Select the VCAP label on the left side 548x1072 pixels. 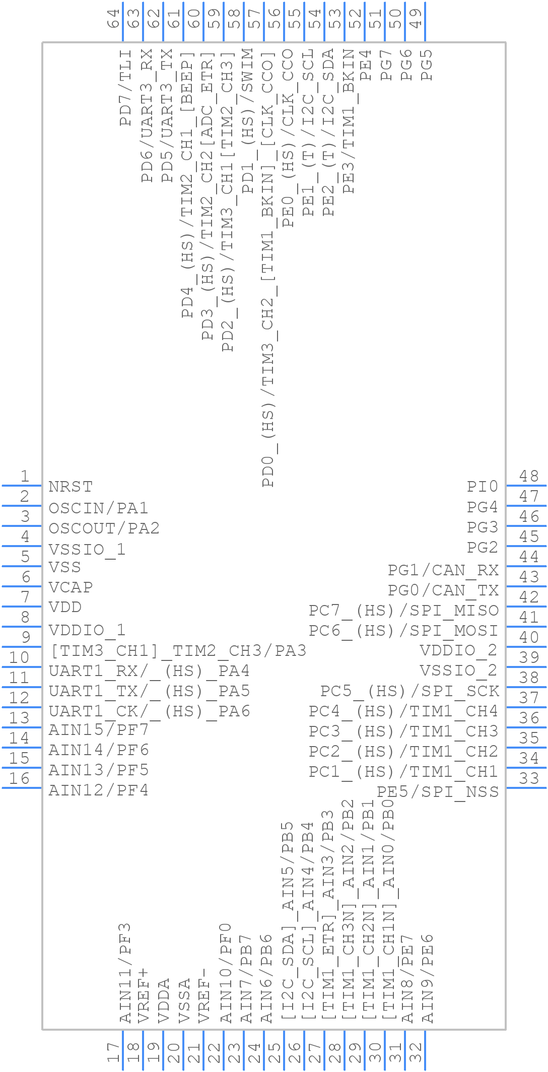pyautogui.click(x=71, y=587)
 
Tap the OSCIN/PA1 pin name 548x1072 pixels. pyautogui.click(x=98, y=508)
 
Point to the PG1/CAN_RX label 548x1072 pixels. pyautogui.click(x=443, y=570)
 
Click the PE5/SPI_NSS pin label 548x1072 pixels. pyautogui.click(x=438, y=791)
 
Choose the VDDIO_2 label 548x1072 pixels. pyautogui.click(x=458, y=650)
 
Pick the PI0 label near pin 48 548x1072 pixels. pyautogui.click(x=482, y=487)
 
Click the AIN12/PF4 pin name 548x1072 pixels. pyautogui.click(x=98, y=790)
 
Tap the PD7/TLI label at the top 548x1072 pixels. pyautogui.click(x=125, y=88)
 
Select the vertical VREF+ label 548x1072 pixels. pyautogui.click(x=144, y=995)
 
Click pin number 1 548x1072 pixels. pyautogui.click(x=24, y=476)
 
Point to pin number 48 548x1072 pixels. pyautogui.click(x=529, y=476)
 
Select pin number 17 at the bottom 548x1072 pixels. pyautogui.click(x=114, y=1053)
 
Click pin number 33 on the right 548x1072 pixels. pyautogui.click(x=529, y=778)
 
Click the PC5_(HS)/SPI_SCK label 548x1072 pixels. pyautogui.click(x=409, y=691)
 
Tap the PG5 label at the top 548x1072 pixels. pyautogui.click(x=427, y=64)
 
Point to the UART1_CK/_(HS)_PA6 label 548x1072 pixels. pyautogui.click(x=149, y=711)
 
